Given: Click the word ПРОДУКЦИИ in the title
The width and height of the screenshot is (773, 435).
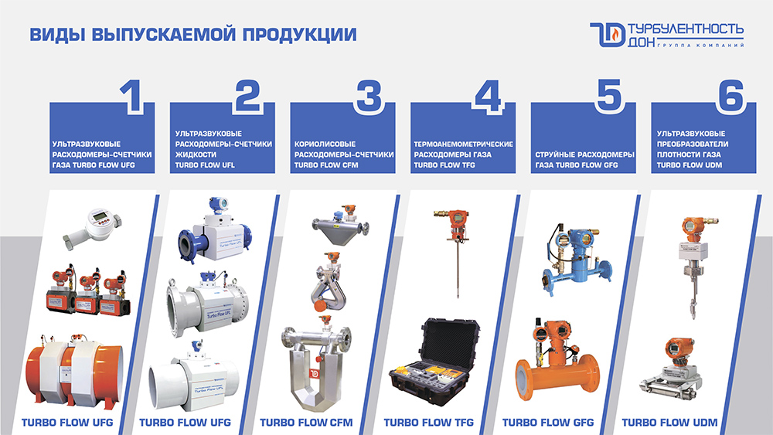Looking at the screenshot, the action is tap(299, 35).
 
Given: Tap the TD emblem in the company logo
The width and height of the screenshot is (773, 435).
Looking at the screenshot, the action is tap(608, 35).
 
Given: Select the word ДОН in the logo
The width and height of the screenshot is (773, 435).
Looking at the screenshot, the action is tap(642, 42).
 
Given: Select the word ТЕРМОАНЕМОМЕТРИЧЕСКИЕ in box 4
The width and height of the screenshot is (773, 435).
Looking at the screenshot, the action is tap(463, 144).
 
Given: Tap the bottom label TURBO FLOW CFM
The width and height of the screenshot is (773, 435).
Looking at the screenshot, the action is tap(306, 422).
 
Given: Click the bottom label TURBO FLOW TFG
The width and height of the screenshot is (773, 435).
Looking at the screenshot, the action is tap(428, 422).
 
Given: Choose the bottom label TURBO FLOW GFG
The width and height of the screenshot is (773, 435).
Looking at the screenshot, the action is tap(548, 422).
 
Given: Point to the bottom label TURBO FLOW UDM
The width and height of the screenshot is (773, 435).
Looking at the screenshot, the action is tap(669, 422).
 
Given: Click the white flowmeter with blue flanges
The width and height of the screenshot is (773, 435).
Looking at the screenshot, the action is tap(215, 230).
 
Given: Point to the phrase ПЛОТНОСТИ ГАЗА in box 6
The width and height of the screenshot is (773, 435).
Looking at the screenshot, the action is tap(689, 155).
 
